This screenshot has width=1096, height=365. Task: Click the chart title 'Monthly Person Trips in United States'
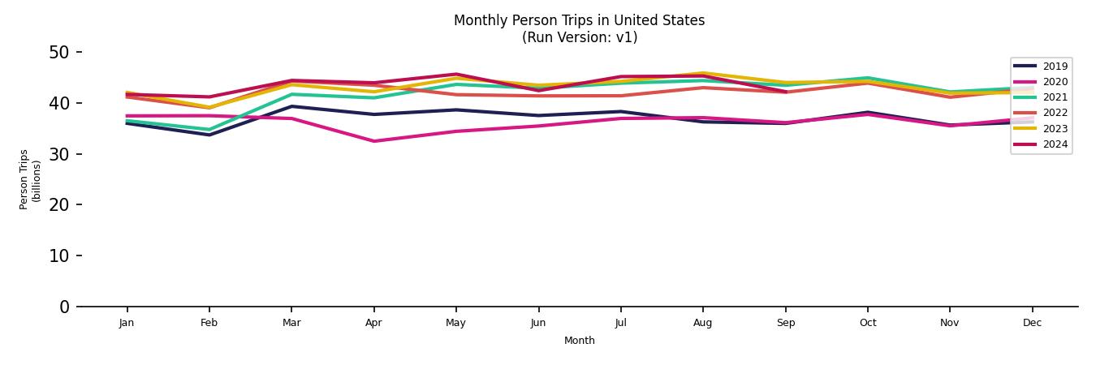pyautogui.click(x=579, y=20)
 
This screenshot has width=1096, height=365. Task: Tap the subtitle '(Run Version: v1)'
pyautogui.click(x=579, y=37)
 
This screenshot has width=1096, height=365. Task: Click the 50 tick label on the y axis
pyautogui.click(x=60, y=53)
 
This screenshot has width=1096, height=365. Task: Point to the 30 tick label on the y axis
pyautogui.click(x=60, y=154)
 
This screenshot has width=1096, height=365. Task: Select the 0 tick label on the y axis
pyautogui.click(x=65, y=307)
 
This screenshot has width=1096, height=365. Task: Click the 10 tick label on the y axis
pyautogui.click(x=60, y=255)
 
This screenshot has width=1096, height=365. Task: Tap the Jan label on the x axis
pyautogui.click(x=127, y=323)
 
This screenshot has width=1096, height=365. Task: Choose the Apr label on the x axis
pyautogui.click(x=373, y=323)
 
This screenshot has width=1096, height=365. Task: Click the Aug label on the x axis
pyautogui.click(x=702, y=323)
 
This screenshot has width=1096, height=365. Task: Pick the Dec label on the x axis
pyautogui.click(x=1032, y=323)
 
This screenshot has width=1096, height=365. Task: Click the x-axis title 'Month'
pyautogui.click(x=579, y=341)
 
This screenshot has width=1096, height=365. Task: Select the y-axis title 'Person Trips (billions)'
pyautogui.click(x=29, y=179)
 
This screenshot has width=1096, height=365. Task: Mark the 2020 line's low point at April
pyautogui.click(x=373, y=141)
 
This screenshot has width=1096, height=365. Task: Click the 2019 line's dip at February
pyautogui.click(x=209, y=135)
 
